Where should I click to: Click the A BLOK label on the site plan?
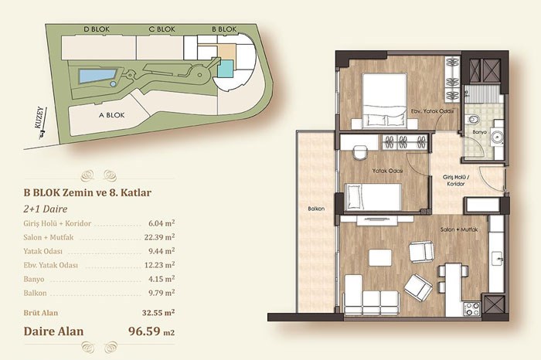click(x=111, y=115)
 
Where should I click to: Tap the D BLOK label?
click(x=97, y=29)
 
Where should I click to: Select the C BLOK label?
click(x=162, y=29)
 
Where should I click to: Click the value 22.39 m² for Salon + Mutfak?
click(x=159, y=237)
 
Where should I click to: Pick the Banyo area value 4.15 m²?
click(x=162, y=279)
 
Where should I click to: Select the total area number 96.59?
click(x=145, y=331)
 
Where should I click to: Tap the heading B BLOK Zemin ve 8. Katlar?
click(x=87, y=192)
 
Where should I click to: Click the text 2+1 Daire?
click(x=45, y=209)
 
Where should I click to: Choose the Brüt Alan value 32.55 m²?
click(x=158, y=313)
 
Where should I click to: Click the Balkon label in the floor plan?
click(x=316, y=209)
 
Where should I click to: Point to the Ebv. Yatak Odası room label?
click(x=432, y=111)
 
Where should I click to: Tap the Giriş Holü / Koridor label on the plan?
click(x=456, y=180)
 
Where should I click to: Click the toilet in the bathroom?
click(x=473, y=120)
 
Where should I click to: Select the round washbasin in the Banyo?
click(x=497, y=137)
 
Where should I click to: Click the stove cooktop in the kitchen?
click(x=471, y=308)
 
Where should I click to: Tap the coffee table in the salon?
click(x=380, y=257)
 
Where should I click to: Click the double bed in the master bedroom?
click(x=384, y=101)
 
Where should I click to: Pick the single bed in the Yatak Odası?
click(x=373, y=197)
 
